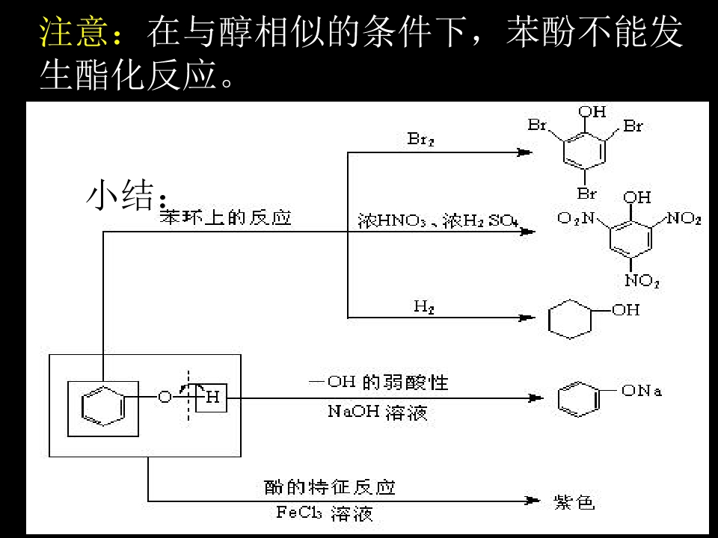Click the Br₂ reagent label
[420, 140]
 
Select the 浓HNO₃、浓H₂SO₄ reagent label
[438, 220]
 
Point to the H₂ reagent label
[424, 306]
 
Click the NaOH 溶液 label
[378, 412]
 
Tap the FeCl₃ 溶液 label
[325, 513]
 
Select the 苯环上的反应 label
[225, 218]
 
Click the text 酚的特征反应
[330, 488]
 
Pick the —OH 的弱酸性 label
[378, 383]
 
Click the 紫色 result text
[574, 502]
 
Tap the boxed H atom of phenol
[212, 397]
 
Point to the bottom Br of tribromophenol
[587, 194]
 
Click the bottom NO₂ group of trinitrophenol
[642, 281]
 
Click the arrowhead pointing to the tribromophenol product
[524, 152]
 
